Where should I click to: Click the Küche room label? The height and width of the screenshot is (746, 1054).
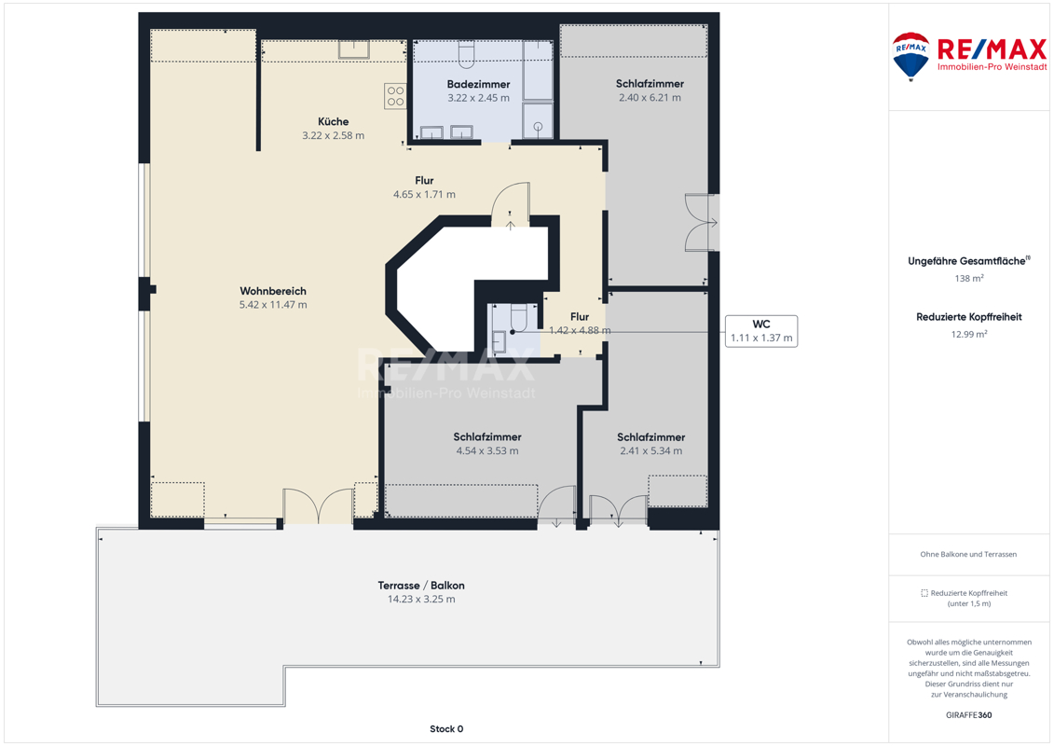point(334,122)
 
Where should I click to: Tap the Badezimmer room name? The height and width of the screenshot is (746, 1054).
point(479,84)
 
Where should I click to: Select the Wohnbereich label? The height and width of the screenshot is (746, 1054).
point(273,291)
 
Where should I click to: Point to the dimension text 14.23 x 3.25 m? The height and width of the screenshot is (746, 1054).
point(421,600)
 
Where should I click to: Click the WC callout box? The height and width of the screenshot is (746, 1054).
point(761,331)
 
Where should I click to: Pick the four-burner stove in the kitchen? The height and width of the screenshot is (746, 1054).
point(395,96)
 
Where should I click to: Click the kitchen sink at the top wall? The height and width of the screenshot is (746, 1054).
point(353,49)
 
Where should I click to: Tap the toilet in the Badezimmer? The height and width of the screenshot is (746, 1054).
point(467,54)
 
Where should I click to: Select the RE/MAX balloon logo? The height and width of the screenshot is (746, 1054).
point(910,57)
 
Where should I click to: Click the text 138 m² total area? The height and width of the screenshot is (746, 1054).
point(968,279)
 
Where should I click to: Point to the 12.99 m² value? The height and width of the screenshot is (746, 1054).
point(968,335)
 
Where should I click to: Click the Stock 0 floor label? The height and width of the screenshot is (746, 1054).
point(446,728)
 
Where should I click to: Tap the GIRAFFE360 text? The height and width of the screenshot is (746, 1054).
point(968,715)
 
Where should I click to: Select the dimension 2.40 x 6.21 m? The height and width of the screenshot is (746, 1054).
point(650,98)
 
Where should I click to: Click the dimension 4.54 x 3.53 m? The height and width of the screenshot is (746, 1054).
point(487,450)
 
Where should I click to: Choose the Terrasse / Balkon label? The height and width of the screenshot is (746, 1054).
point(421,586)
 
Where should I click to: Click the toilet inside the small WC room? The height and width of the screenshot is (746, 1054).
point(518,318)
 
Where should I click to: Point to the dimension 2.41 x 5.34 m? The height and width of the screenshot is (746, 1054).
point(650,450)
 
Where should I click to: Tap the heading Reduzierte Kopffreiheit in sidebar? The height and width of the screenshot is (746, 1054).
point(968,317)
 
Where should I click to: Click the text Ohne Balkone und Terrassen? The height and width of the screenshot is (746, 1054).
point(968,554)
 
